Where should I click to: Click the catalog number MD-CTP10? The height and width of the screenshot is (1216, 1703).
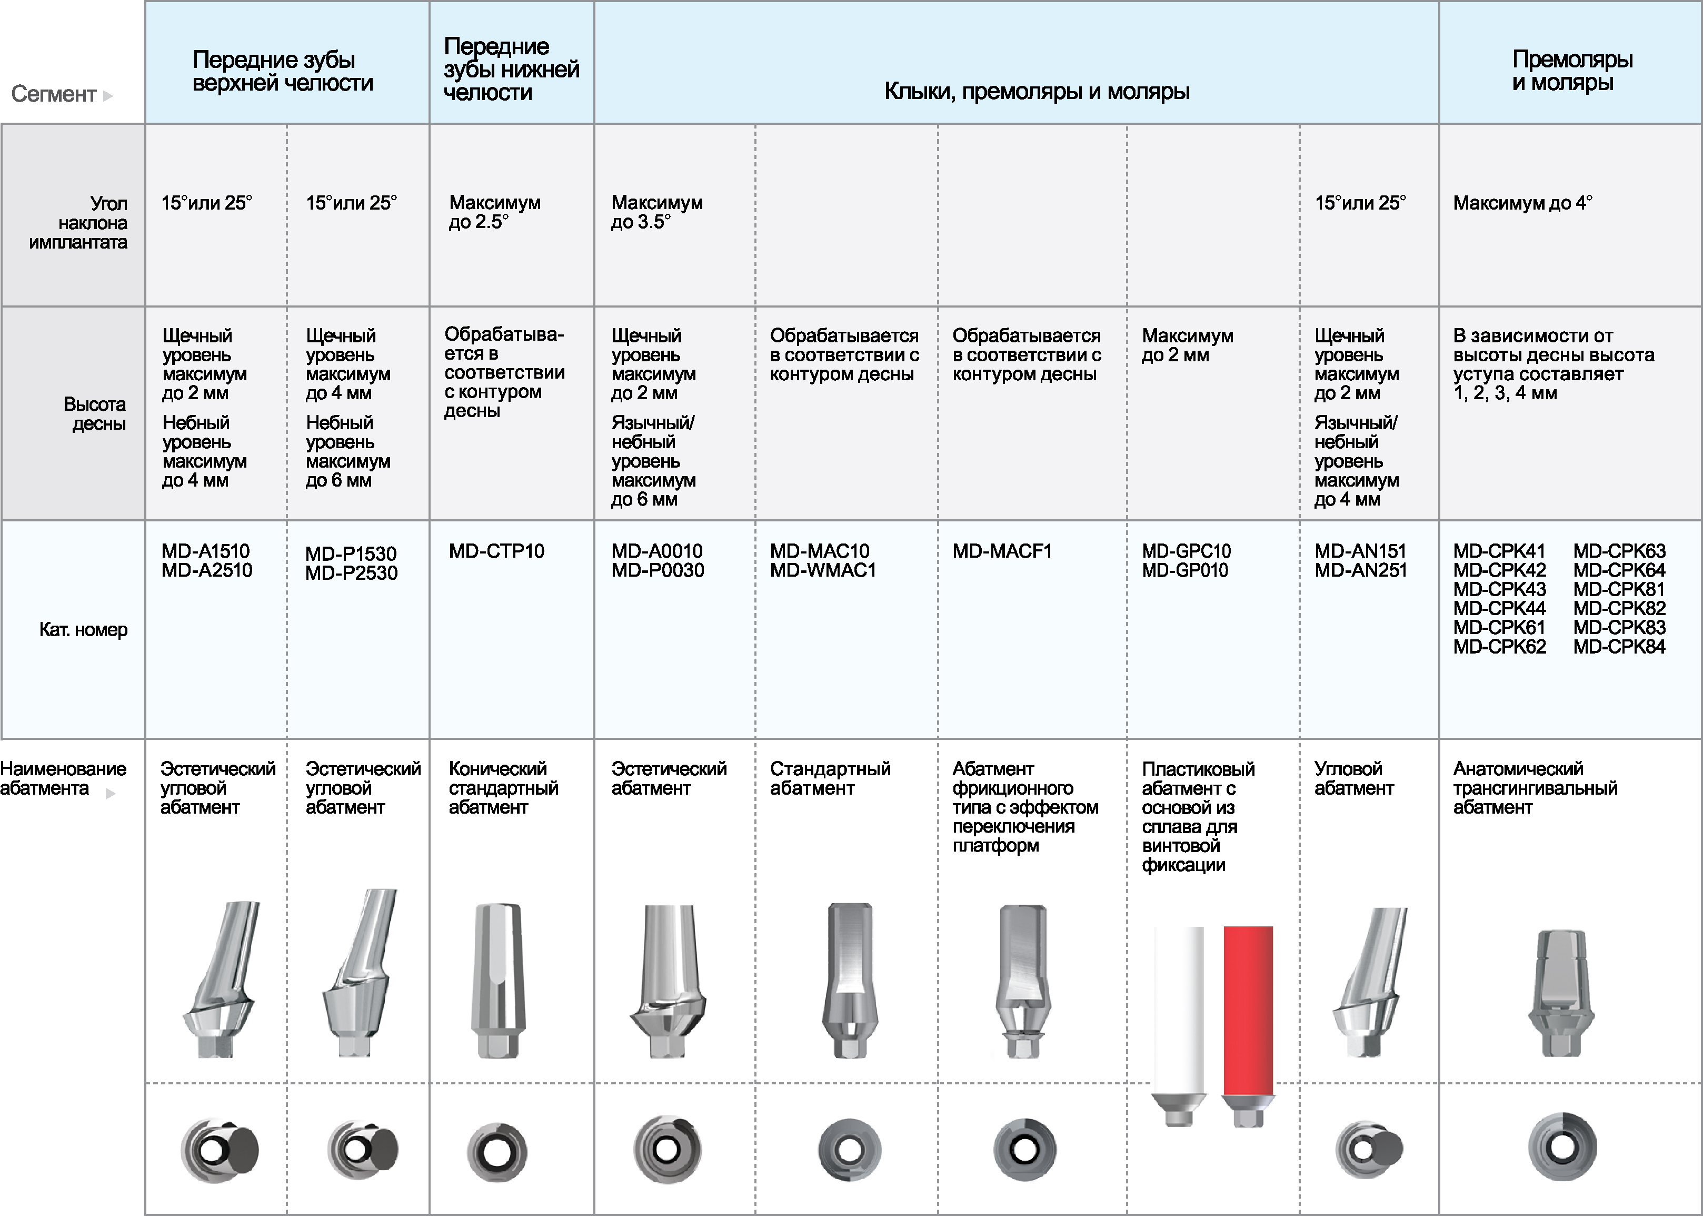(496, 551)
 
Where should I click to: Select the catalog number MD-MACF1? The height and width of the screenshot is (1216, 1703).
(1002, 551)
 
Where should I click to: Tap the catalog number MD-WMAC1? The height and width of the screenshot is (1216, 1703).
(823, 570)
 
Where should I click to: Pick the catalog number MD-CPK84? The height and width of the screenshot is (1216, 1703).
(1619, 647)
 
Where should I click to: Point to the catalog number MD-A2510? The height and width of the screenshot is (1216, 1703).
(206, 570)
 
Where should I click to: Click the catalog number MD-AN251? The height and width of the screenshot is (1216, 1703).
(1361, 570)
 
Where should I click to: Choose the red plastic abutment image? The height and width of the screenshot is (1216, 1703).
(1248, 1026)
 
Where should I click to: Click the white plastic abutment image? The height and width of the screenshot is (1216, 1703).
(1179, 1026)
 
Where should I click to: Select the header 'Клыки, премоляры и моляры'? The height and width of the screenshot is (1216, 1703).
(1037, 91)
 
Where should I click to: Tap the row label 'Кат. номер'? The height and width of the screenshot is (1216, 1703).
(83, 630)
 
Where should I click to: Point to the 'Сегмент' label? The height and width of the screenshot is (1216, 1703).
(54, 94)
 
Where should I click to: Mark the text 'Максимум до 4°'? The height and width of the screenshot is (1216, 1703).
(1522, 203)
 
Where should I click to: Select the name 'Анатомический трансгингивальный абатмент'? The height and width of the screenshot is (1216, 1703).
(1535, 788)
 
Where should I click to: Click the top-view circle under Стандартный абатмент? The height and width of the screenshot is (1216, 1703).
(850, 1149)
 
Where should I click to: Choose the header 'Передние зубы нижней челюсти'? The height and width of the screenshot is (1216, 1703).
(511, 69)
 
